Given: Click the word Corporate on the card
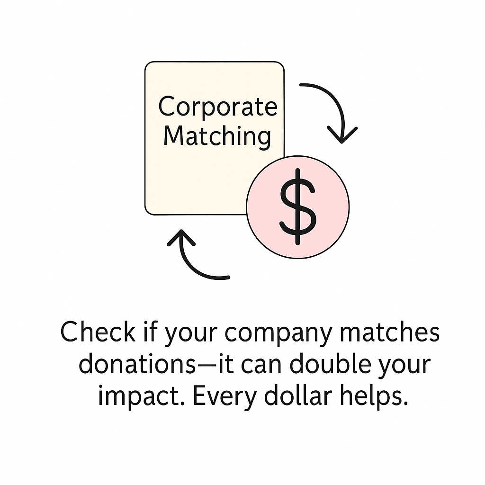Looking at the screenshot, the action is point(217,107).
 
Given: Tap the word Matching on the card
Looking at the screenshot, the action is point(217,136).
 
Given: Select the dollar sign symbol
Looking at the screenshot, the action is point(297,207).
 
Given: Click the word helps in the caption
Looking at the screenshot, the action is point(375,396).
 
